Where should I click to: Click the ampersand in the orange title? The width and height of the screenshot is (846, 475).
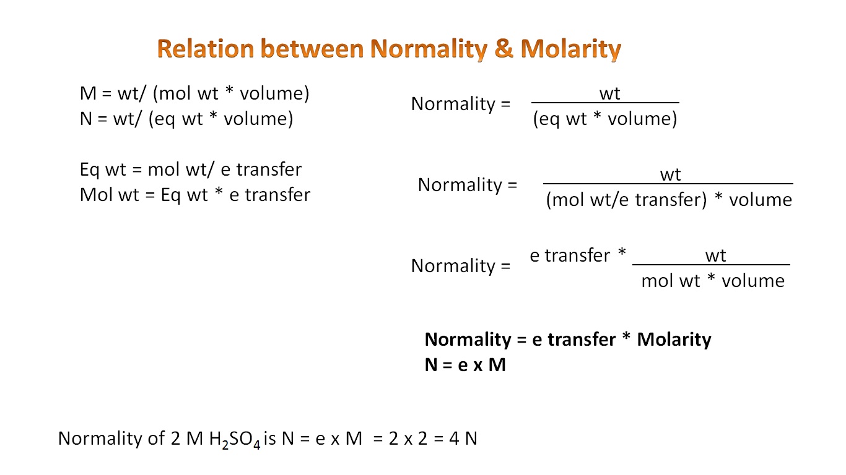tap(504, 48)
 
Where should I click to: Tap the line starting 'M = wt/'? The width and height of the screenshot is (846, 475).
tap(194, 93)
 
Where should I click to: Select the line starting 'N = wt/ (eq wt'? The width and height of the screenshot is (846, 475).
tap(186, 118)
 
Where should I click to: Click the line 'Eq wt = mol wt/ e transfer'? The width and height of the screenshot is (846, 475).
tap(191, 169)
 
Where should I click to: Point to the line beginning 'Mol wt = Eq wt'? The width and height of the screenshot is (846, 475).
tap(195, 195)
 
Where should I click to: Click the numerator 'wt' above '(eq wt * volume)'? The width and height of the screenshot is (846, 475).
tap(609, 93)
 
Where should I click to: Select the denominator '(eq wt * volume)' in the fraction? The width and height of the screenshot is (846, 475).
tap(605, 119)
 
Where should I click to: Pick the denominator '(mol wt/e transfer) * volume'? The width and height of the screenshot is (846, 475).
tap(669, 200)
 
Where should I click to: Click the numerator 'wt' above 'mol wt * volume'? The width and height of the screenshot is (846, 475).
tap(715, 255)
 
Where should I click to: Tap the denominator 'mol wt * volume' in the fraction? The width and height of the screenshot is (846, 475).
tap(713, 281)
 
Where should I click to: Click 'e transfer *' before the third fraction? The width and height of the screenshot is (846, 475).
tap(578, 255)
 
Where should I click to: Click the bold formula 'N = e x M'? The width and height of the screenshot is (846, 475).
tap(465, 365)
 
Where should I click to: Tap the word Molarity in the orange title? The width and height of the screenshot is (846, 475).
tap(570, 48)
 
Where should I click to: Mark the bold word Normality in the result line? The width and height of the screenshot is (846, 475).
tap(468, 340)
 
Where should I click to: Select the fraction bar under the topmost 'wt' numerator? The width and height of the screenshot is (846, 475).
tap(605, 103)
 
